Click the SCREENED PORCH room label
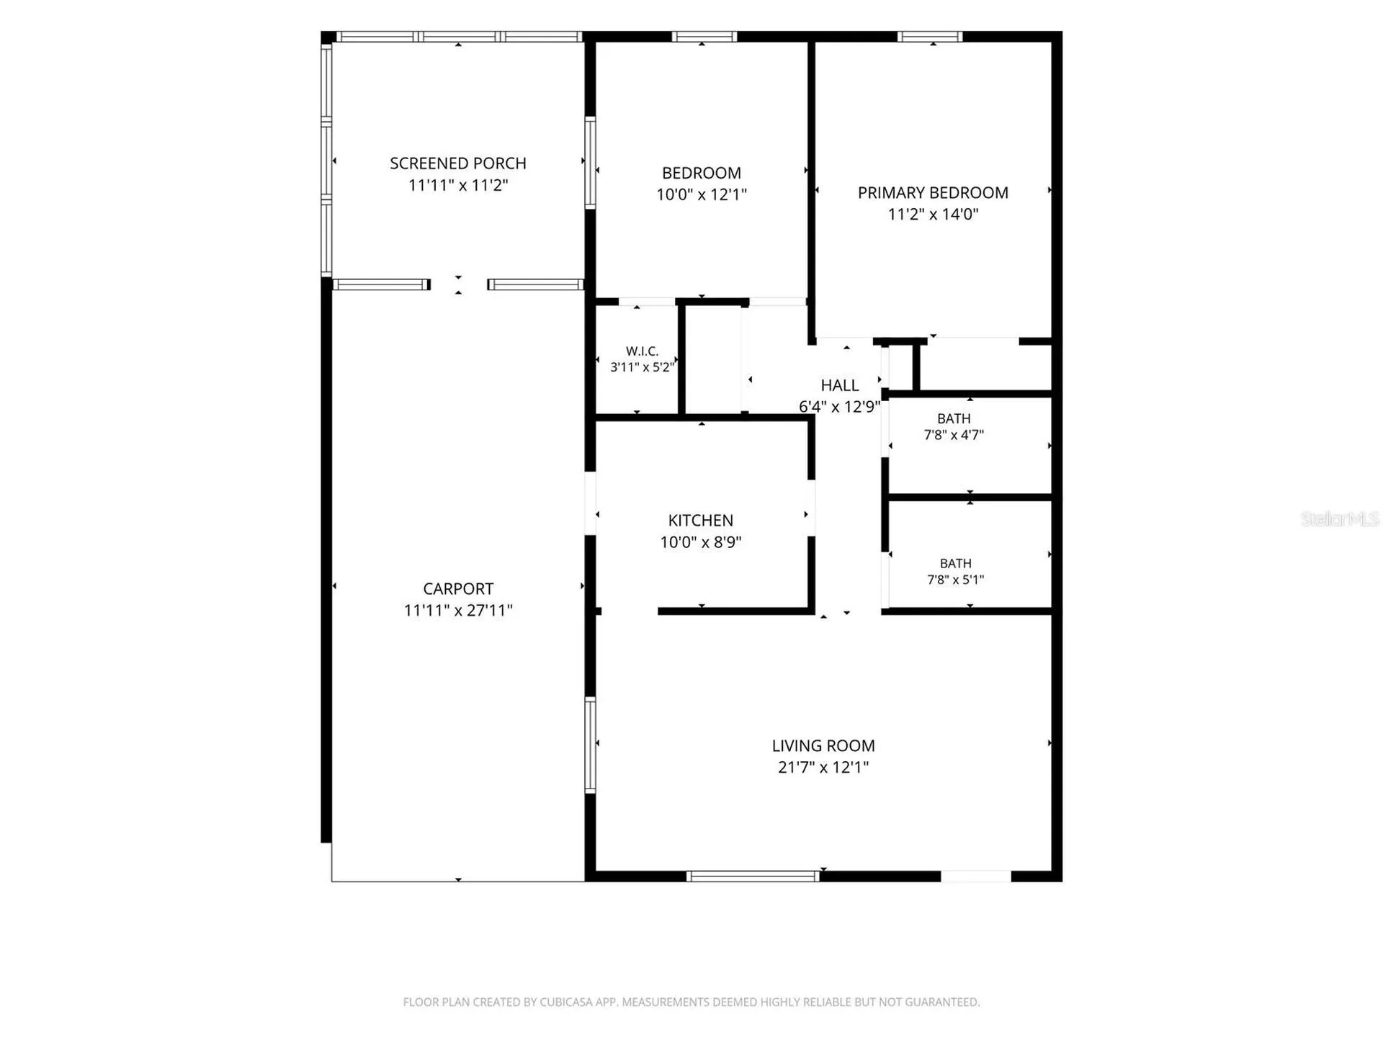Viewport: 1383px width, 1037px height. point(458,163)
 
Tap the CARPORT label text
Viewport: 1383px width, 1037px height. point(458,589)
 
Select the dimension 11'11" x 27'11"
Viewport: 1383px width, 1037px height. point(458,611)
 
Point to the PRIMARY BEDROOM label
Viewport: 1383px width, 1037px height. point(933,193)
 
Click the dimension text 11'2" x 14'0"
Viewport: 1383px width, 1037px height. point(933,214)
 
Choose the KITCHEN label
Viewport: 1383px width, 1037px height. point(701,521)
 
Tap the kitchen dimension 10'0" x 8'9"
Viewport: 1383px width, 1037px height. point(701,542)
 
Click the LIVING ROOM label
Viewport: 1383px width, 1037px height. point(823,746)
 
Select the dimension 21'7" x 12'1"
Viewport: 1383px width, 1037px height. point(823,768)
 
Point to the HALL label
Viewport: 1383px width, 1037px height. point(840,386)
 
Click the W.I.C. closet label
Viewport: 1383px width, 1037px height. point(642,351)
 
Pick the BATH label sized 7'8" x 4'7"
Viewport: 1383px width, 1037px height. point(954,419)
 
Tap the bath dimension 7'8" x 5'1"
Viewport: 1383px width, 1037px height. point(955,580)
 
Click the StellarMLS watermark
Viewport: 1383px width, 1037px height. point(1340,518)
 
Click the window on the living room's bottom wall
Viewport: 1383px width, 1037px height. point(753,876)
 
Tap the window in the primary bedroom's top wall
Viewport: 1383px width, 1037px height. point(930,37)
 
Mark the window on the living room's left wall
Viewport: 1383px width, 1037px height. point(591,745)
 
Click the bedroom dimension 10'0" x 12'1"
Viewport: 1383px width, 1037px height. point(702,194)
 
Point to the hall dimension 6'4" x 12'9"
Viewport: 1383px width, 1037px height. point(839,407)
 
